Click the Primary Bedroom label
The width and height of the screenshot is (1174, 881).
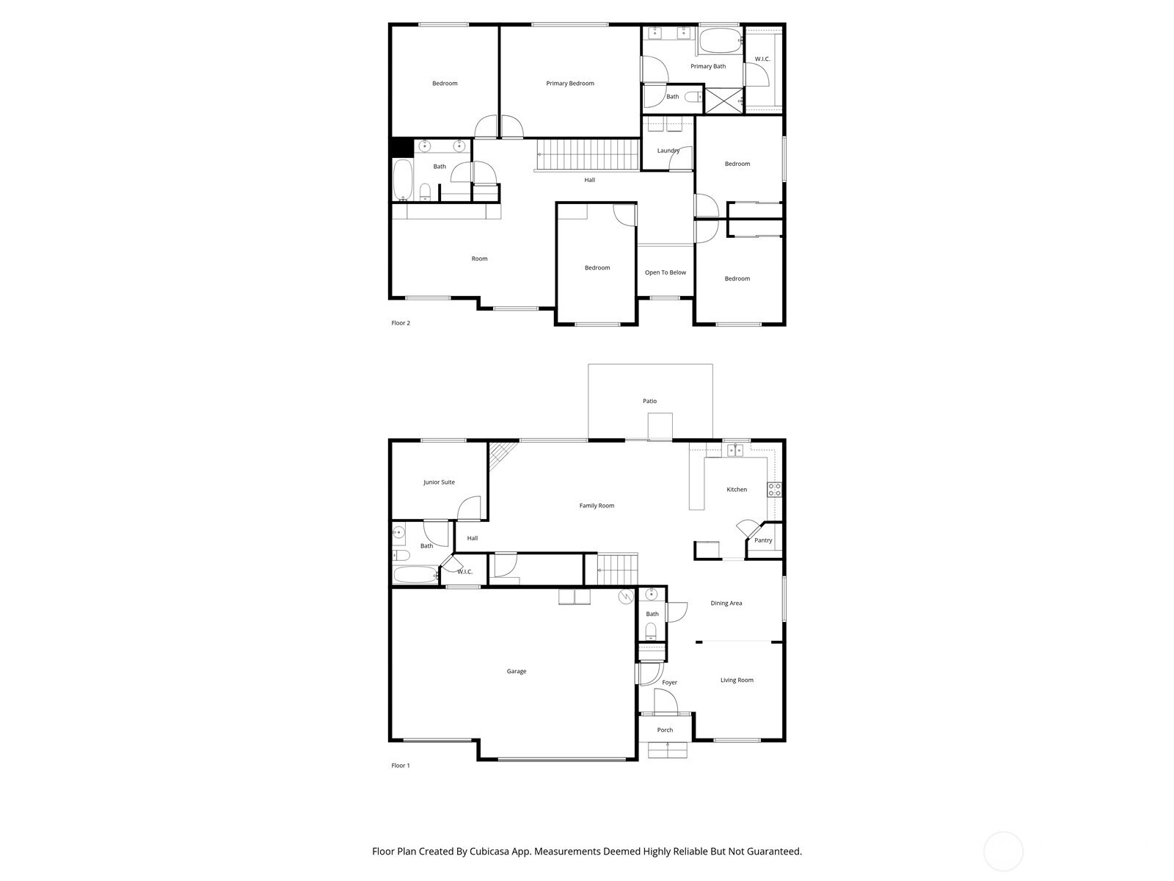click(569, 84)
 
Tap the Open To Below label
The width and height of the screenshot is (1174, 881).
click(665, 272)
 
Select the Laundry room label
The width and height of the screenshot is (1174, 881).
click(668, 151)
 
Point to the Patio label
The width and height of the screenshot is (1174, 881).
click(649, 401)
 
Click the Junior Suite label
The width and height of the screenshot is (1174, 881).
click(439, 482)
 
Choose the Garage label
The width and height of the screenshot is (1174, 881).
click(516, 671)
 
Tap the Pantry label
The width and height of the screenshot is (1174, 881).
click(762, 540)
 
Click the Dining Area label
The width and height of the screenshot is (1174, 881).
click(726, 603)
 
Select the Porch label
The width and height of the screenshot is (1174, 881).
click(665, 730)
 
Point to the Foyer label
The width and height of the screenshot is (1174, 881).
click(669, 682)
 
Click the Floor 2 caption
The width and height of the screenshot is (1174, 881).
click(401, 322)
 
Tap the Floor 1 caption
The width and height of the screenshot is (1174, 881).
click(401, 766)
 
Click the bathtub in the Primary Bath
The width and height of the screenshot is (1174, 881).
click(720, 40)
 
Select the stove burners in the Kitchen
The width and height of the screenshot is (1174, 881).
click(774, 490)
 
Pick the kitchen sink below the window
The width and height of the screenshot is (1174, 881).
click(735, 450)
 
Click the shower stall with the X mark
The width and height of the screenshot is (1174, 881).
click(723, 101)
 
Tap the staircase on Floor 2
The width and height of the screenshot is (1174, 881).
click(588, 154)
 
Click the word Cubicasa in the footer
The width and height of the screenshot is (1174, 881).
click(490, 851)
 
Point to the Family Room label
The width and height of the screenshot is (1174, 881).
click(597, 506)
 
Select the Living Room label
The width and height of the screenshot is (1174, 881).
click(737, 680)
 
